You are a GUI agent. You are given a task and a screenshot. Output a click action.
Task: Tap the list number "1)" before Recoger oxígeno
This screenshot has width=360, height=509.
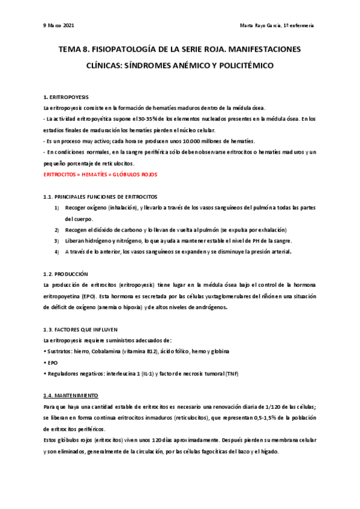56,208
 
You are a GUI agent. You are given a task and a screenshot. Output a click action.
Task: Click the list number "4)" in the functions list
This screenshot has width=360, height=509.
56,251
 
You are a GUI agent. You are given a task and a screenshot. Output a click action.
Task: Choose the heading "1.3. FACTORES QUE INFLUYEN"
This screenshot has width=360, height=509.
80,330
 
